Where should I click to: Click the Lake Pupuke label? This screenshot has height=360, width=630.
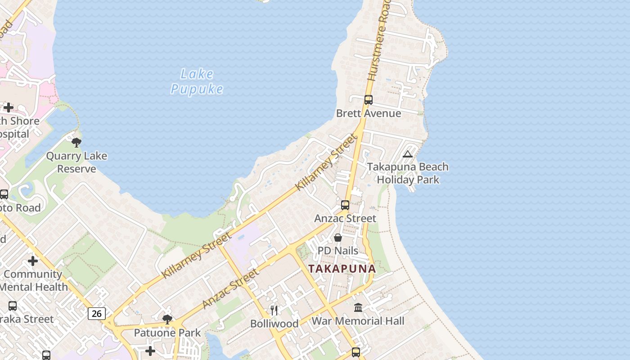197,81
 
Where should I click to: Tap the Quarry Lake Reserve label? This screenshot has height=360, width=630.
77,162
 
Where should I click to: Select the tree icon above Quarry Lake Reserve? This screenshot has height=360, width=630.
76,143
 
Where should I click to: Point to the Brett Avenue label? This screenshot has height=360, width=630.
369,113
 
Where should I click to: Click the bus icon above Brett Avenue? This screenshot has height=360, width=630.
369,100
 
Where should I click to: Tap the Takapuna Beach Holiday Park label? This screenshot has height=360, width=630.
408,173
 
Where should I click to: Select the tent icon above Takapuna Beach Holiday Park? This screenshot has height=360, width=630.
408,154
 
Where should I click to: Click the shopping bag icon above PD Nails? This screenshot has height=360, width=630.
338,237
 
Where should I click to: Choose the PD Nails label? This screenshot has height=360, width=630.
338,251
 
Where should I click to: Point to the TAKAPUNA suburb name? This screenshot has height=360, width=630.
342,269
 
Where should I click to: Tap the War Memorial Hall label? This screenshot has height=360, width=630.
358,321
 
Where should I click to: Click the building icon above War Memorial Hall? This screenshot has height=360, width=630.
358,307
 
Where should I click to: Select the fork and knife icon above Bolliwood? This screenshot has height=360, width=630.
274,310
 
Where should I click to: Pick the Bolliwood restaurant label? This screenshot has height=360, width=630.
274,324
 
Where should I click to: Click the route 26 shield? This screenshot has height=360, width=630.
97,313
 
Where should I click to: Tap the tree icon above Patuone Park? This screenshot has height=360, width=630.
167,319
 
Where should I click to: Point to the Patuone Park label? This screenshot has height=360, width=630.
167,333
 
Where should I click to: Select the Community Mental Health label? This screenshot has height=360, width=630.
34,280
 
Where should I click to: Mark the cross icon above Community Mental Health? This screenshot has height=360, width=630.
33,261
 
